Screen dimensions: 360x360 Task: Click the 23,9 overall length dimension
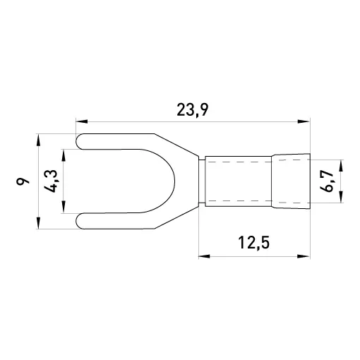pyautogui.click(x=193, y=110)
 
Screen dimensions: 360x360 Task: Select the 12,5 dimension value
pyautogui.click(x=254, y=243)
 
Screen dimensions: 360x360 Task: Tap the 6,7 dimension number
pyautogui.click(x=327, y=181)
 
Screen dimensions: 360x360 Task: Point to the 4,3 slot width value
pyautogui.click(x=51, y=181)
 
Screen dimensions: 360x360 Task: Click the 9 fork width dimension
pyautogui.click(x=23, y=181)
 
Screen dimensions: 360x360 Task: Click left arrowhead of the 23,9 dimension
pyautogui.click(x=82, y=121)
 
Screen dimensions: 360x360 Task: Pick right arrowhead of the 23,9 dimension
pyautogui.click(x=304, y=121)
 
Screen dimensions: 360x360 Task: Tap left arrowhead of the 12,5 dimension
pyautogui.click(x=205, y=256)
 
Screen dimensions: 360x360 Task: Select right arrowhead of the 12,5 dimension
pyautogui.click(x=304, y=256)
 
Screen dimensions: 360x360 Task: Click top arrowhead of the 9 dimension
pyautogui.click(x=38, y=140)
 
